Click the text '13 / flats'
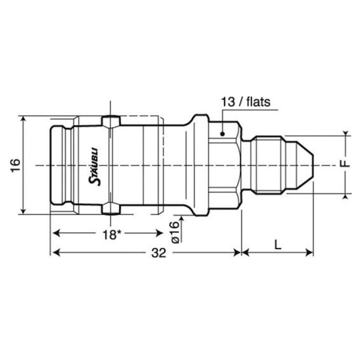[x=245, y=102]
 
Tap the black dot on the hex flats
[x=222, y=134]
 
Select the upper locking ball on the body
[x=111, y=121]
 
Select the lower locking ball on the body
[x=111, y=208]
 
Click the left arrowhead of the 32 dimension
[x=55, y=253]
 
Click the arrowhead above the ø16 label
[x=182, y=218]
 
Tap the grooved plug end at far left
[x=58, y=165]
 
